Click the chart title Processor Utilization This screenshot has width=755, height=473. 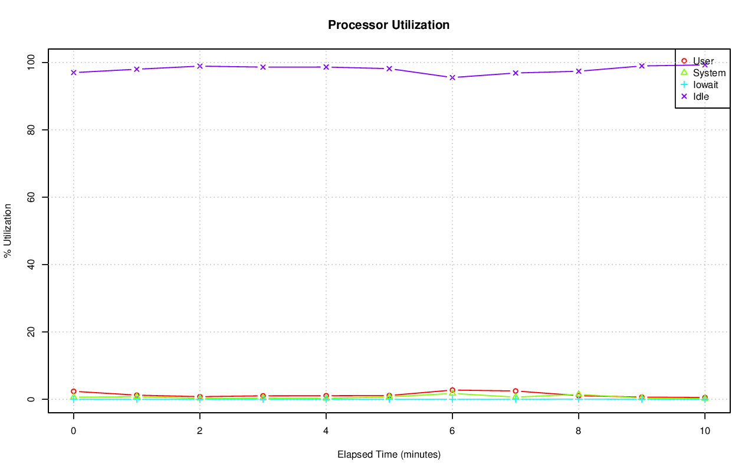389,25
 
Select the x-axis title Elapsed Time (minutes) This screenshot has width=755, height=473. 389,455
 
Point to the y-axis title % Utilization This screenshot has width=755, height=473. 8,230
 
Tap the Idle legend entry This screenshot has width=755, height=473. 701,96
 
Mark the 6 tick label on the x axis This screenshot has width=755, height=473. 452,431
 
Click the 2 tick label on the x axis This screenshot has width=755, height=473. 199,431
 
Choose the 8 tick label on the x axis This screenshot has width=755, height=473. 578,431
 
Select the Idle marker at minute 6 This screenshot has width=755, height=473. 452,77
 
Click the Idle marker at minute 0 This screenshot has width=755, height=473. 74,73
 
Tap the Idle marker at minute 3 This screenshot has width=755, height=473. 263,67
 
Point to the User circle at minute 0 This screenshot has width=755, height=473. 74,392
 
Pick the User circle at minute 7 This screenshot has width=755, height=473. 516,391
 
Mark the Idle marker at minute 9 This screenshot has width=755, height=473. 641,66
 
